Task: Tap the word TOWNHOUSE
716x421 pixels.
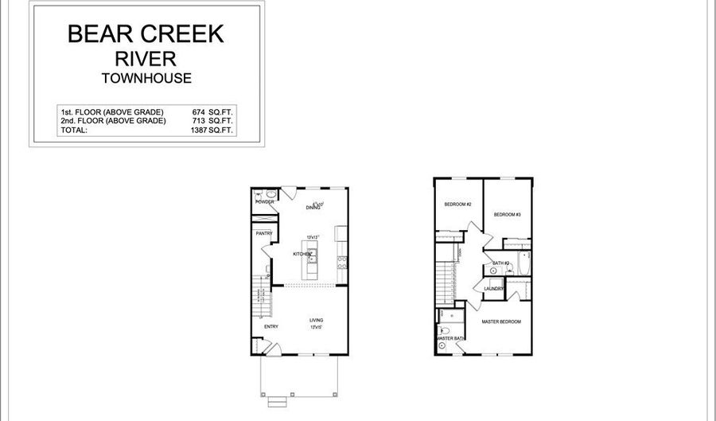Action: coord(146,78)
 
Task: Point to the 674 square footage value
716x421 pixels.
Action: coord(199,113)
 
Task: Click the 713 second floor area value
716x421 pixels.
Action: coord(199,121)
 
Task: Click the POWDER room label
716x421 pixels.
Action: coord(264,202)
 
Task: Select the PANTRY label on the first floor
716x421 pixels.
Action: coord(264,233)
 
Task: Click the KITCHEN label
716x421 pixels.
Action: coord(302,254)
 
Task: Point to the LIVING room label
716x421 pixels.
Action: coord(316,320)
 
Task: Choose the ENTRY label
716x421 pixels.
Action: coord(270,326)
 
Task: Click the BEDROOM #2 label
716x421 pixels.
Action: coord(458,205)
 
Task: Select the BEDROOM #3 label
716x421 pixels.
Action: coord(507,215)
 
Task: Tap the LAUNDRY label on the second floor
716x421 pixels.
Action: coord(493,288)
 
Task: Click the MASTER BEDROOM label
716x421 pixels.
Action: coord(501,322)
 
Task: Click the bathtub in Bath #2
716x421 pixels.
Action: coord(523,263)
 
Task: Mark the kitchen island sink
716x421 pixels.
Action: coord(313,255)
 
